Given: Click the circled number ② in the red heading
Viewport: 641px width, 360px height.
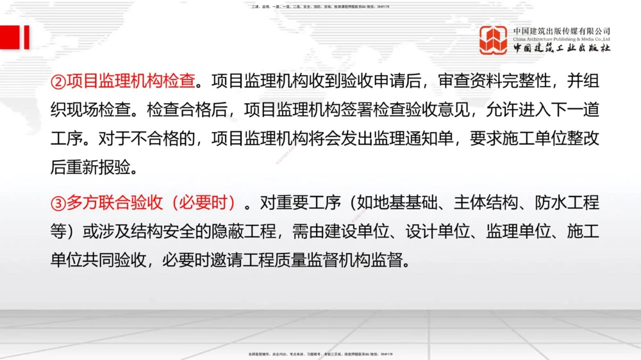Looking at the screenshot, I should [x=58, y=82].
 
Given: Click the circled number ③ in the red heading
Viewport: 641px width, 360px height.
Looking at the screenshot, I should [x=58, y=204].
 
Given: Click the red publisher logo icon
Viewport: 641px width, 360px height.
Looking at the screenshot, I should [x=494, y=40].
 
